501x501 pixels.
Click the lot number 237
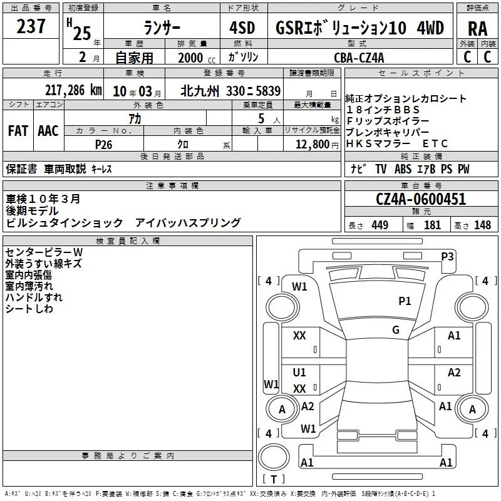coord(31,26)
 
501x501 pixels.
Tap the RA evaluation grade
coord(477,29)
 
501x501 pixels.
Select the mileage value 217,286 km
coord(73,90)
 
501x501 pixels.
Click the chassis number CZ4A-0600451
coord(421,199)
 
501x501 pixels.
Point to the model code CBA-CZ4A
coord(359,58)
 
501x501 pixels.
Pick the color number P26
coord(103,145)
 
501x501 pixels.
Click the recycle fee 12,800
coord(312,144)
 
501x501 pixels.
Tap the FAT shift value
coord(18,131)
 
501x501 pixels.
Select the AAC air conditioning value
coord(48,131)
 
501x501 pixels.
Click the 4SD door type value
coord(242,28)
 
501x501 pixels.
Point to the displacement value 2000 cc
coord(197,58)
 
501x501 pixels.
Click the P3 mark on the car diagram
coord(447,256)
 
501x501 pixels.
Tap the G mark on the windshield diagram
coord(396,329)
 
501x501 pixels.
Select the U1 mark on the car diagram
coord(299,372)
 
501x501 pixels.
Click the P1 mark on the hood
coord(405,301)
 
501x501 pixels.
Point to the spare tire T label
coord(274,479)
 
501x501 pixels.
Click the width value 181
coord(432,225)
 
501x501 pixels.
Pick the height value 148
coord(482,225)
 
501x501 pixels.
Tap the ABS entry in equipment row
coord(403,168)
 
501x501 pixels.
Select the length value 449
coord(380,225)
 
